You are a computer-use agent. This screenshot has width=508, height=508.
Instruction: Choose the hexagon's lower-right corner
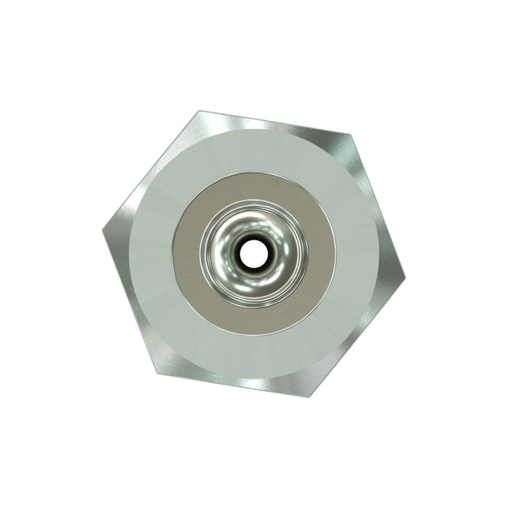click(x=309, y=396)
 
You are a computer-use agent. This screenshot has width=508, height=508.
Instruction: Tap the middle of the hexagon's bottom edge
click(x=233, y=383)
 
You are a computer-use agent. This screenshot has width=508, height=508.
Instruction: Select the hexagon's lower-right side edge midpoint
click(x=356, y=337)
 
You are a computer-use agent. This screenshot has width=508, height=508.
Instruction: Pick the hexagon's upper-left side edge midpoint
click(x=150, y=170)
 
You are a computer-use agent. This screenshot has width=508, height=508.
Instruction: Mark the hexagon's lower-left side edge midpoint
click(x=130, y=299)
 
